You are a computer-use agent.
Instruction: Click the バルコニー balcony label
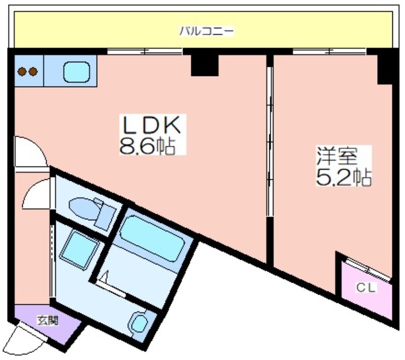click(x=207, y=31)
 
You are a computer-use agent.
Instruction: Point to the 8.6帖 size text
click(x=147, y=146)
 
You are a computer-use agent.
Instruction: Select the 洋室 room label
click(x=337, y=156)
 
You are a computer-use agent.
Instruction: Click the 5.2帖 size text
click(x=344, y=177)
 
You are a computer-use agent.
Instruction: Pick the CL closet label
click(x=366, y=288)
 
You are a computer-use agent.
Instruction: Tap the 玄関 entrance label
click(x=48, y=321)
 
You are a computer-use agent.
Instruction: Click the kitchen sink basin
click(x=77, y=72)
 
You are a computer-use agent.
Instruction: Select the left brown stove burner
click(x=22, y=71)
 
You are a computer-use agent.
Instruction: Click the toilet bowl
click(x=82, y=209)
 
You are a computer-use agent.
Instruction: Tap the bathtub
click(x=152, y=238)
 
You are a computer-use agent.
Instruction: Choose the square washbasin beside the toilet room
click(x=79, y=250)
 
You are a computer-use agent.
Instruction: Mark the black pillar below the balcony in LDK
click(x=205, y=65)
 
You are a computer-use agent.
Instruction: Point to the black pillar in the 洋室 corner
click(x=385, y=69)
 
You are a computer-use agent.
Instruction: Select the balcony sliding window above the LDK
click(x=145, y=52)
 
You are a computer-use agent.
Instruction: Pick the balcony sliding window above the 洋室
click(x=330, y=52)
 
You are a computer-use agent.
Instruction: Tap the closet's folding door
click(x=368, y=269)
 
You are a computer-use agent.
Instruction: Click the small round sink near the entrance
click(x=140, y=323)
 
